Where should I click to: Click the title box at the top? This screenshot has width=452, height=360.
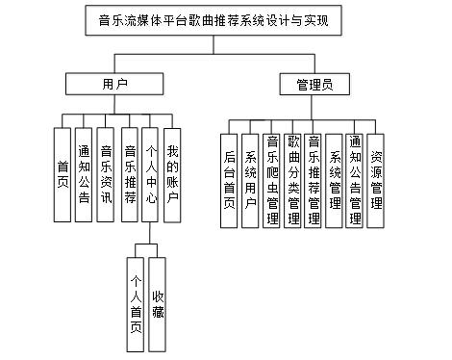tap(213, 20)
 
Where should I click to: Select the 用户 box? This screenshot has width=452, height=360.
tap(114, 84)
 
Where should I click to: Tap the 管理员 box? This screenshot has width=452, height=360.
tap(314, 85)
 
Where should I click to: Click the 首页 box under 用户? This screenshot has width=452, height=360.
tap(63, 175)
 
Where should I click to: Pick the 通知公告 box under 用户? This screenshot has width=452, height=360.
tap(84, 175)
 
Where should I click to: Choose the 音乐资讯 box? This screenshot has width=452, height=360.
tap(106, 175)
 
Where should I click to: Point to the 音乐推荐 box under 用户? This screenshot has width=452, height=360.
tap(130, 175)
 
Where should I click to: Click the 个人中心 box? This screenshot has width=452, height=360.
tap(150, 175)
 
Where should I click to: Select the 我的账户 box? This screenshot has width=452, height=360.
tap(172, 175)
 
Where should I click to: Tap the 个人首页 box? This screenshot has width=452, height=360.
tap(136, 304)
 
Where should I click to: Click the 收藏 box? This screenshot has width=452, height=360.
tap(157, 304)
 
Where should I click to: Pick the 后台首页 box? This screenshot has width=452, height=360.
tap(229, 181)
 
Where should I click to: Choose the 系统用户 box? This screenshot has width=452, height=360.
tap(250, 181)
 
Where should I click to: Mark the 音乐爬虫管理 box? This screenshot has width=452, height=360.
tap(271, 181)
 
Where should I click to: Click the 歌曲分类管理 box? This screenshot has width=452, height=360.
tap(292, 181)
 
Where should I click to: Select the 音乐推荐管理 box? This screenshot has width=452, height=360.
tap(313, 181)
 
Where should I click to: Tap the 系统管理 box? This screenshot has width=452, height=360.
tap(334, 181)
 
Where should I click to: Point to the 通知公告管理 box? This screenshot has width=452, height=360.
tap(355, 181)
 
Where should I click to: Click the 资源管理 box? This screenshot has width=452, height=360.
tap(375, 181)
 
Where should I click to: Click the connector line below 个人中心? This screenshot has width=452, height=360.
tap(150, 233)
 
